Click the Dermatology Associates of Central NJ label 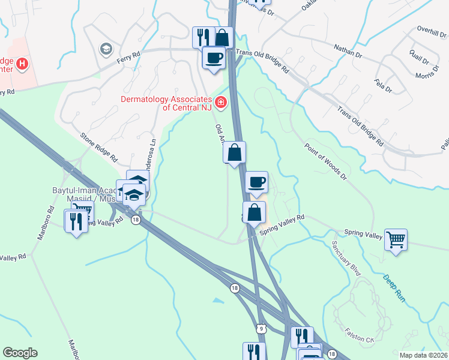pos(166,104)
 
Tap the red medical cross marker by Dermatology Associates pos(221,103)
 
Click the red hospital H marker pos(23,63)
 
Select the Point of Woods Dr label pos(326,161)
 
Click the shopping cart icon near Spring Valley pos(396,240)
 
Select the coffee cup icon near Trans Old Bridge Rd pos(214,58)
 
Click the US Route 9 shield pos(260,328)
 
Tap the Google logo pos(20,353)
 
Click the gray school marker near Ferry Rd pos(107,49)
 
